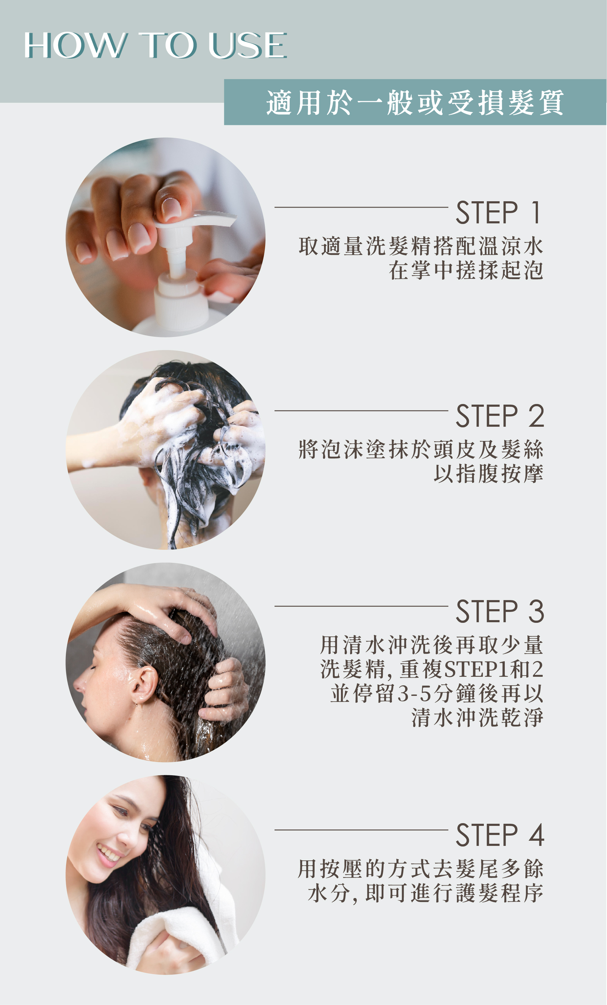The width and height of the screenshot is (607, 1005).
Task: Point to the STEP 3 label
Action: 500,611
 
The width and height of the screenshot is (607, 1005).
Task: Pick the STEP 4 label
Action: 500,835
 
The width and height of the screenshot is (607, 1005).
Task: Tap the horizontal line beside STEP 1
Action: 361,207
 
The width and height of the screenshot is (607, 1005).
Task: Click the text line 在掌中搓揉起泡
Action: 466,270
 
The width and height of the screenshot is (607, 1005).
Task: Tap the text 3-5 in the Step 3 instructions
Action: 414,694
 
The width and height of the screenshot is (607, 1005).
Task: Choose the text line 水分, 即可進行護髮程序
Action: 425,893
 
